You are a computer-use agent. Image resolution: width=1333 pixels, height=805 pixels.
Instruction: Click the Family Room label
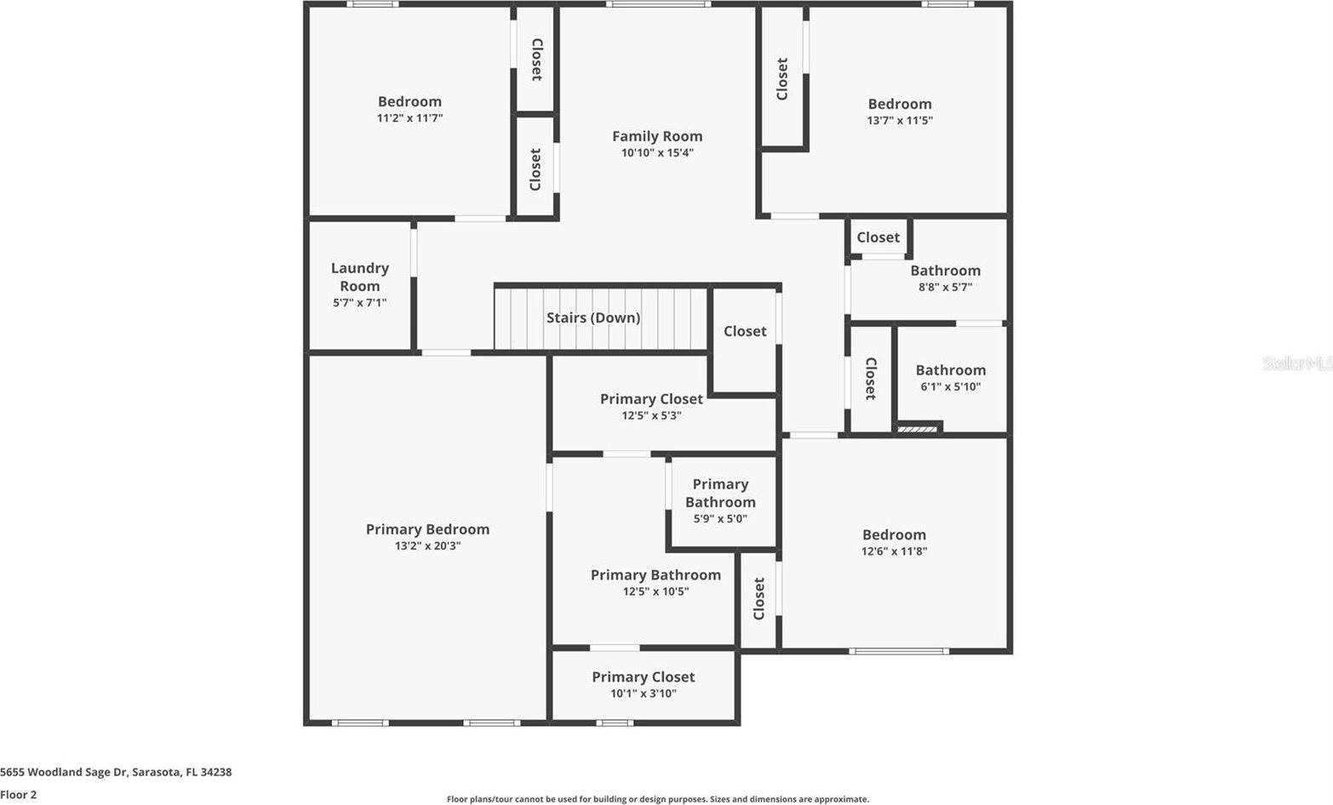point(657,136)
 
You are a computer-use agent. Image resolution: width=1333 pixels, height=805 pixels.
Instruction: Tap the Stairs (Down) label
point(593,317)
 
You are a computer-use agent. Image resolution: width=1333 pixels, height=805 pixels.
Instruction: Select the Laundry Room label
point(360,277)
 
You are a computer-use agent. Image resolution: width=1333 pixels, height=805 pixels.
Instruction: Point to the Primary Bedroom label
point(427,529)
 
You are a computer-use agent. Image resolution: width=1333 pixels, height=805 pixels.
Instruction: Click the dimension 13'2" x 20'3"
point(427,546)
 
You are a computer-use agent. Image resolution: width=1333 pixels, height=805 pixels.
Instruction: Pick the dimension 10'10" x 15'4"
point(657,153)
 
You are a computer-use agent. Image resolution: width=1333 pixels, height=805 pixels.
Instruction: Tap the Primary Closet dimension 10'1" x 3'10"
point(644,694)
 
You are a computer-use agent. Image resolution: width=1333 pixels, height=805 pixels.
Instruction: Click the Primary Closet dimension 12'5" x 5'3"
point(651,416)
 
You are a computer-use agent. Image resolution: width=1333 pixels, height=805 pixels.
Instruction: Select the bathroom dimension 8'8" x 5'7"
point(945,288)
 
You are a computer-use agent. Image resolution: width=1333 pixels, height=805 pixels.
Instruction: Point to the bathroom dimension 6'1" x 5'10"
point(951,387)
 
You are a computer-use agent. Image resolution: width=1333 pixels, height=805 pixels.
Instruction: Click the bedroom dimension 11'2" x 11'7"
point(409,118)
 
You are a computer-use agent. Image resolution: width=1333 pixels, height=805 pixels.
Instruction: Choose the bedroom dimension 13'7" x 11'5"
point(900,121)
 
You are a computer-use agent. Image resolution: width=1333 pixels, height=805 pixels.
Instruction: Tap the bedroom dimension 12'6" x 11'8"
point(894,551)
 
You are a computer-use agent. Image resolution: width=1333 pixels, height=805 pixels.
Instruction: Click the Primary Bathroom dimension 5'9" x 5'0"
point(720,518)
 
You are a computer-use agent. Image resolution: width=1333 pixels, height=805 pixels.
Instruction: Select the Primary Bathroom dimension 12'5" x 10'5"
point(655,591)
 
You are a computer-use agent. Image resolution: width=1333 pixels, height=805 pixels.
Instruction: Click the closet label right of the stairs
point(745,331)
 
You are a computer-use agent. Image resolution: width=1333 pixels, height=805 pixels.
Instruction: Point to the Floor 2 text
point(19,795)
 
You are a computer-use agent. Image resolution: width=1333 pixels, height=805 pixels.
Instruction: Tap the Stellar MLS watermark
point(1296,363)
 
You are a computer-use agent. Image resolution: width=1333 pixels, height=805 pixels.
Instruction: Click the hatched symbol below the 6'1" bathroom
point(918,429)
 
